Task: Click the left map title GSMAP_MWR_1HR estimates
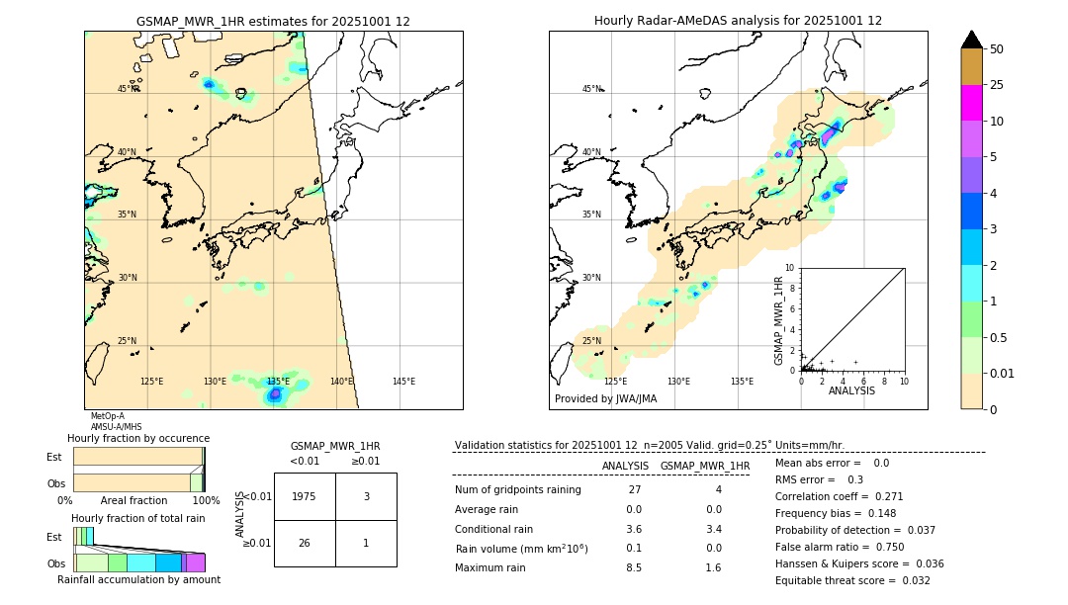pyautogui.click(x=273, y=21)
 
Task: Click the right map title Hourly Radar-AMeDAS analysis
pyautogui.click(x=738, y=21)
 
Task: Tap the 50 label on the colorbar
pyautogui.click(x=997, y=49)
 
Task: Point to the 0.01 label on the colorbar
pyautogui.click(x=1004, y=374)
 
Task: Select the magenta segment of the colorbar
pyautogui.click(x=971, y=103)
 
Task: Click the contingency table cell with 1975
pyautogui.click(x=305, y=497)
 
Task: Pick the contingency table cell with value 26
pyautogui.click(x=305, y=543)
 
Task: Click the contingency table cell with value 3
pyautogui.click(x=366, y=497)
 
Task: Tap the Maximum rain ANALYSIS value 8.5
pyautogui.click(x=633, y=567)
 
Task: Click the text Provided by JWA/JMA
pyautogui.click(x=605, y=399)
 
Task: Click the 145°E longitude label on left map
pyautogui.click(x=403, y=382)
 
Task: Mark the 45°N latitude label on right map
pyautogui.click(x=591, y=89)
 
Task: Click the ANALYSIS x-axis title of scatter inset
pyautogui.click(x=851, y=390)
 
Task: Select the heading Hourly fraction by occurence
pyautogui.click(x=138, y=438)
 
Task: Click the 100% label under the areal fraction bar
pyautogui.click(x=205, y=501)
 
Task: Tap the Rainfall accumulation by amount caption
pyautogui.click(x=138, y=580)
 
